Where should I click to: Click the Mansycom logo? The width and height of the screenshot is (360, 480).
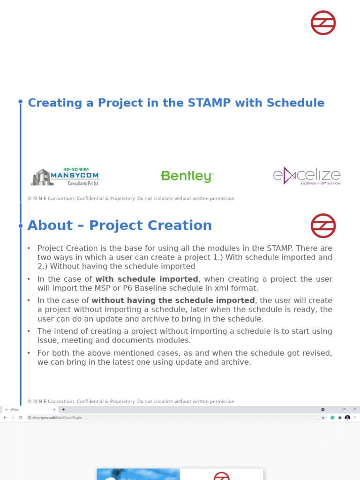point(65,177)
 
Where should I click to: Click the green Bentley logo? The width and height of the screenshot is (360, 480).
point(187,176)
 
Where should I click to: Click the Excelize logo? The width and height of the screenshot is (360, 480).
point(307,176)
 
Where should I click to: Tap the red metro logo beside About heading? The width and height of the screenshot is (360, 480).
point(323,226)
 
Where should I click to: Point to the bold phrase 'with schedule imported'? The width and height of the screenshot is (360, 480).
point(147,279)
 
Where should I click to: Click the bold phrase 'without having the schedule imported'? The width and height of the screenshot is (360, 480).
point(173,300)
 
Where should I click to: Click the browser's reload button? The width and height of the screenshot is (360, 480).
point(20,418)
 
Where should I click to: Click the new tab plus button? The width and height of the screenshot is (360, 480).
point(63,409)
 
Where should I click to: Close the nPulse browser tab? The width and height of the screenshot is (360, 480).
point(54,409)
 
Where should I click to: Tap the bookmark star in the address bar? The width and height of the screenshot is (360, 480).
point(323,417)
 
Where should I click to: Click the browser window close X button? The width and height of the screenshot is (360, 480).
point(354,409)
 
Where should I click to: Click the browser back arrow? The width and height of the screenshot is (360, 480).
point(5,418)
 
